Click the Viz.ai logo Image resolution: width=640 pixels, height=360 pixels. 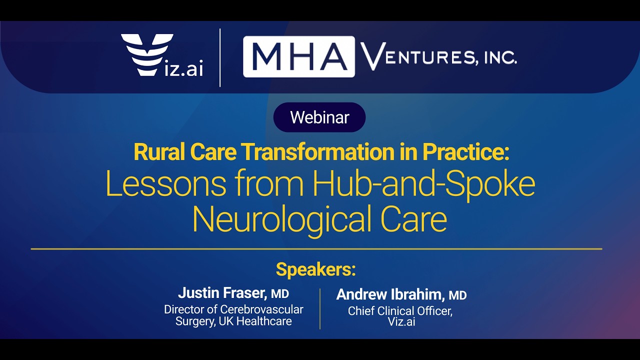coord(162,55)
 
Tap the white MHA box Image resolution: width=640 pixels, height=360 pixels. coord(299,56)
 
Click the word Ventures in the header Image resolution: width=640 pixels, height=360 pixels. coord(417,56)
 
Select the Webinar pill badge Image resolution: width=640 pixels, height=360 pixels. coord(319,117)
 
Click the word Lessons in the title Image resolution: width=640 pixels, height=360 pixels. coord(165,184)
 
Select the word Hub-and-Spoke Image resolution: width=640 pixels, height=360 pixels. coord(424,184)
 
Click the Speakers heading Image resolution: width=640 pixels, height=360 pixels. coord(315,269)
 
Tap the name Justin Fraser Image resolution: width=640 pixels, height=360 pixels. coord(221,293)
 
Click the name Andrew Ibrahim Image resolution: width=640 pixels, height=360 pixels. coord(390,295)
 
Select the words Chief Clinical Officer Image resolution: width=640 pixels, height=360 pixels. coord(400,311)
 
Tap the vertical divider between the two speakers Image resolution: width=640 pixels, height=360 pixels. coord(320,308)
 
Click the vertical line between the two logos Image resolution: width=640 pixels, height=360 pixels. coord(220,57)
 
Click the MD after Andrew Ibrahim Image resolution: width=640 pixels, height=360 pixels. coord(457,295)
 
